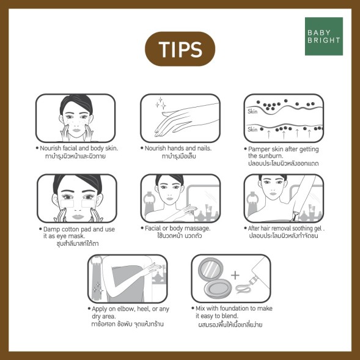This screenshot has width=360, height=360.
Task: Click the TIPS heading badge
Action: coord(180,49)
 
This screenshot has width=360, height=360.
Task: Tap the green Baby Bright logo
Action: coord(324,36)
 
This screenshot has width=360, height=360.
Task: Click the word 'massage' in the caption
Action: coord(197,229)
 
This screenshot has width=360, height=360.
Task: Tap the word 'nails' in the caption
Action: coord(204,149)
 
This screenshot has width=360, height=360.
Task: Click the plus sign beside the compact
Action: coord(235,275)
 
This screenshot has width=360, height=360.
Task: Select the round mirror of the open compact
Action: coord(210,268)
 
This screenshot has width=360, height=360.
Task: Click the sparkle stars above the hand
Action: coord(161,103)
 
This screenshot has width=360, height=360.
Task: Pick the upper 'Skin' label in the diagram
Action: coord(252,112)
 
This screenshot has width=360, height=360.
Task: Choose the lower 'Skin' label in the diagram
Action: coord(252,130)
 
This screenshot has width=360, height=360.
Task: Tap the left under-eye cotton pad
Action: coord(67,204)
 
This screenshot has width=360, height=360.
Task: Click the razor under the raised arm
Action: coord(295,216)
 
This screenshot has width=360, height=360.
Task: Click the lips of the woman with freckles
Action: coord(76,130)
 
